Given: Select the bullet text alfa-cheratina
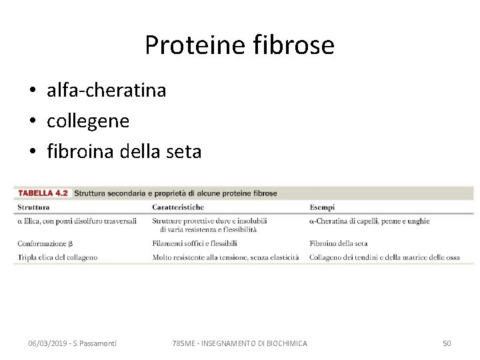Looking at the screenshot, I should point(106,91).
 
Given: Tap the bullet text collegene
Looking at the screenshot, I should point(88,121).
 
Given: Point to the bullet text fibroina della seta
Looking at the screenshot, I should point(124,152).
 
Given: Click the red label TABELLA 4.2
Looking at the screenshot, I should point(43,193).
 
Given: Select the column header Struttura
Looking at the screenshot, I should point(33,207).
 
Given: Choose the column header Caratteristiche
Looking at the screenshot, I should point(178,207).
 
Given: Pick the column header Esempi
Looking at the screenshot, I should point(322,207).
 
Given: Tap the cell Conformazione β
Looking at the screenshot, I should point(45,244).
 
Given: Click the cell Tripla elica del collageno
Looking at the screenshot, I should point(57,257).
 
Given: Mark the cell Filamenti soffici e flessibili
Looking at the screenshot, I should point(195,244).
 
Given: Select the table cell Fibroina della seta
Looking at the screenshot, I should point(339,244).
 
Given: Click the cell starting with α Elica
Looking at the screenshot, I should point(77,221).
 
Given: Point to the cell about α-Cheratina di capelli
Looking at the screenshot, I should point(369,221).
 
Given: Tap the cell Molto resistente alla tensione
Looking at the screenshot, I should point(225,257).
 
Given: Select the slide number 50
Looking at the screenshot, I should point(447,343).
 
